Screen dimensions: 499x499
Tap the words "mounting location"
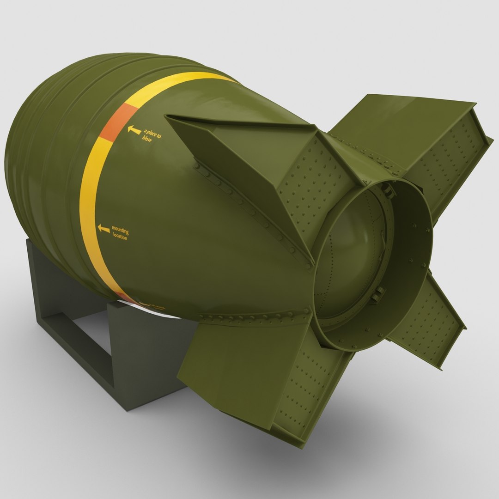(120, 233)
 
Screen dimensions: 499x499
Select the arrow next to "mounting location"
(104, 228)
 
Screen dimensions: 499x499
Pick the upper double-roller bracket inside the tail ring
(389, 189)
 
